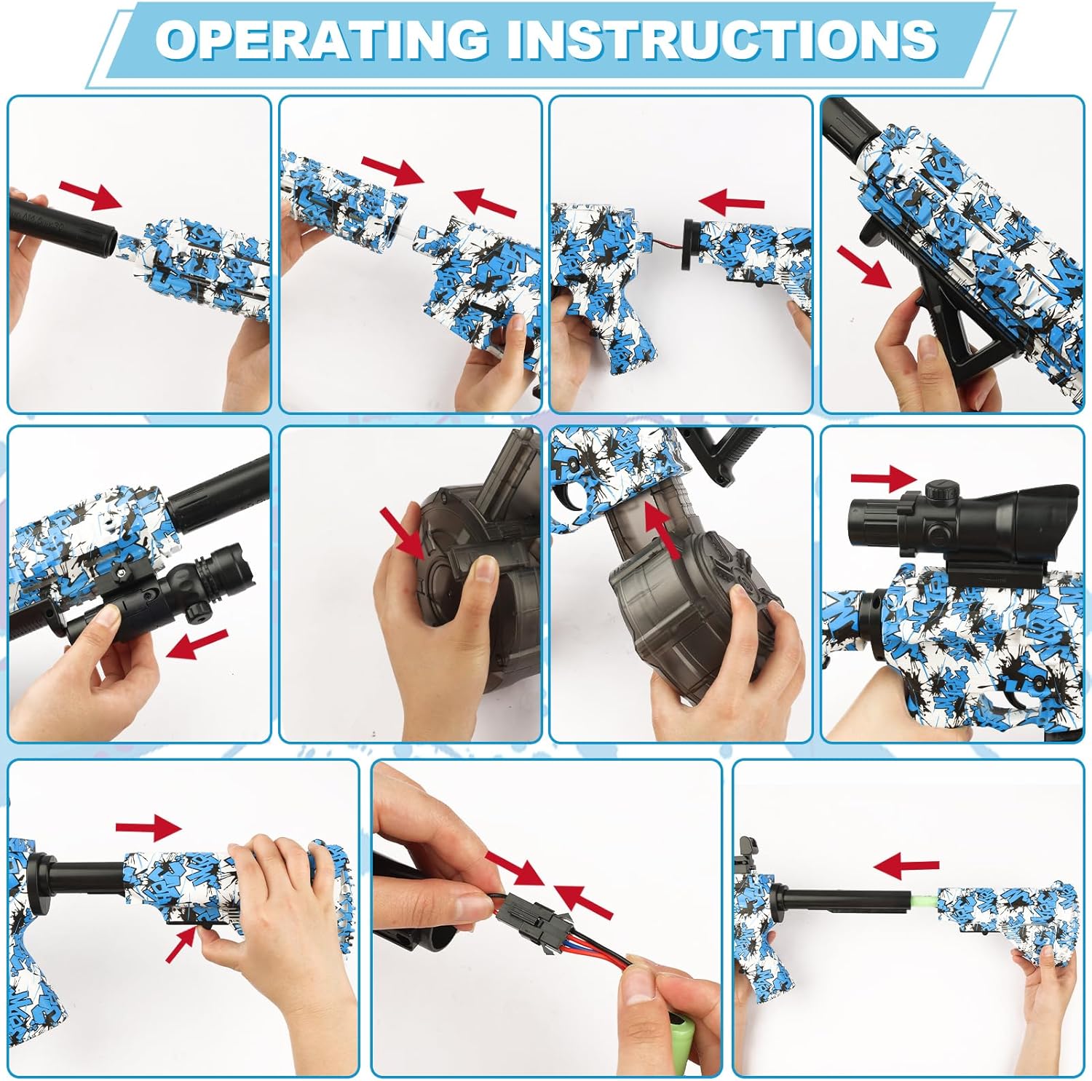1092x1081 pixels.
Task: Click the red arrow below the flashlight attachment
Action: [x=197, y=644]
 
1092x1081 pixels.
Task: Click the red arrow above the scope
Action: [x=884, y=478]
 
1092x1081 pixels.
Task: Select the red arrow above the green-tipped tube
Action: [x=906, y=866]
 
